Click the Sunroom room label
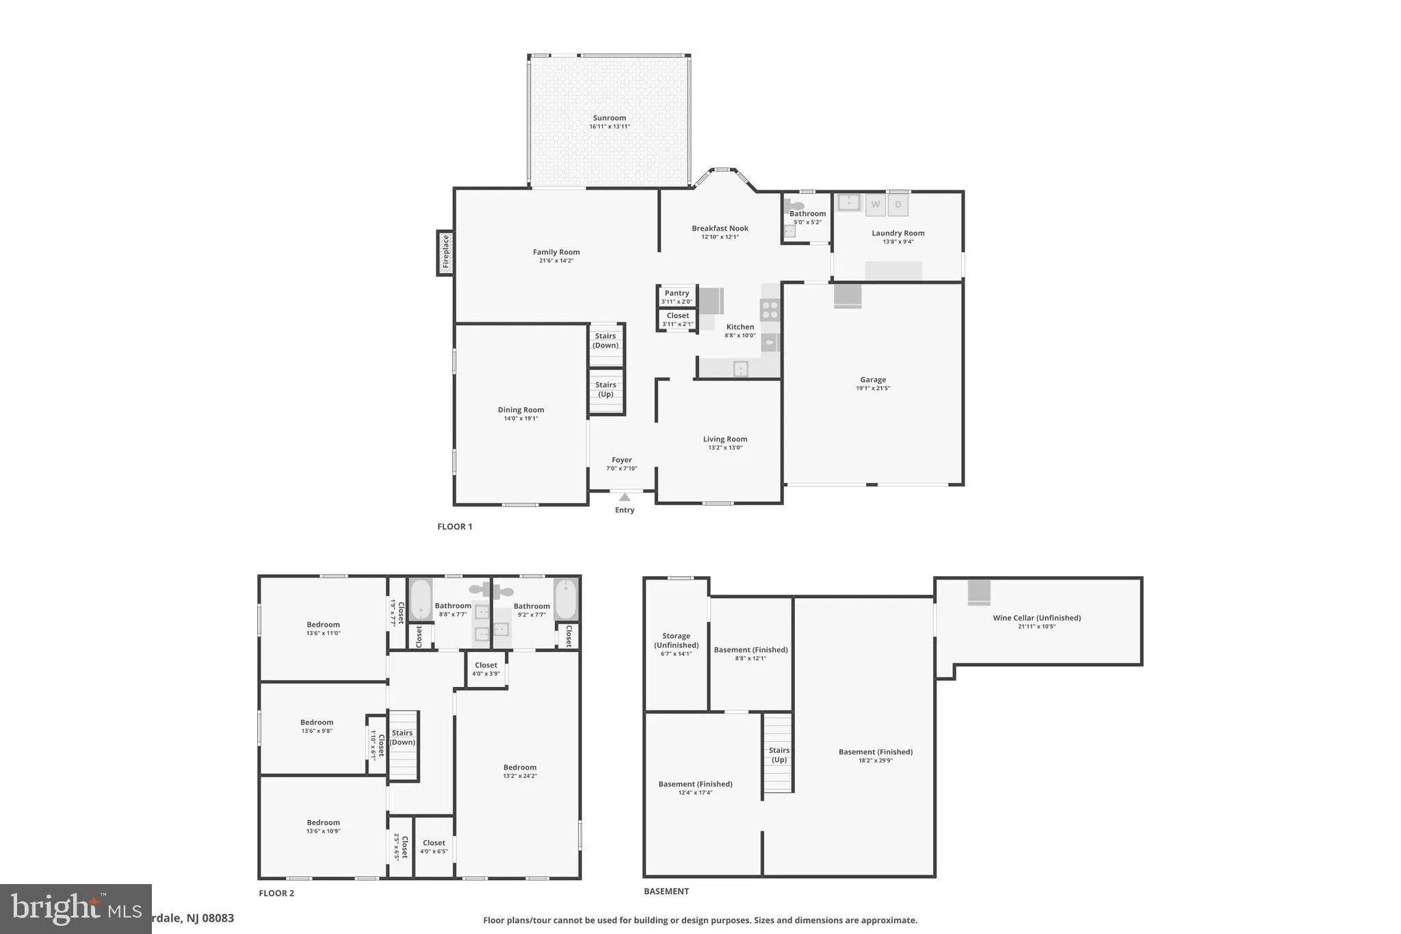click(x=609, y=118)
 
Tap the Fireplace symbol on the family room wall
click(x=445, y=252)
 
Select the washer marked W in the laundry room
click(x=876, y=205)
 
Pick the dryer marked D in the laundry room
click(x=898, y=205)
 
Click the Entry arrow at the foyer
click(x=625, y=497)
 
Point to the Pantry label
click(x=677, y=293)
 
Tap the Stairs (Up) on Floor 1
click(x=606, y=390)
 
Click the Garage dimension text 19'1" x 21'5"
click(x=873, y=389)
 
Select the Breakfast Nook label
click(x=720, y=229)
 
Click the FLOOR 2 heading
click(x=276, y=893)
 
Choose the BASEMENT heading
click(x=666, y=891)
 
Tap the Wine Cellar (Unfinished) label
click(x=1036, y=618)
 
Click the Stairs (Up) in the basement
click(x=778, y=754)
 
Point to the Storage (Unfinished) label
click(x=676, y=640)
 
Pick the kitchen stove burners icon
click(x=770, y=310)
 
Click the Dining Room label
click(x=521, y=410)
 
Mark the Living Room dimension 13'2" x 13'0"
click(x=725, y=448)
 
